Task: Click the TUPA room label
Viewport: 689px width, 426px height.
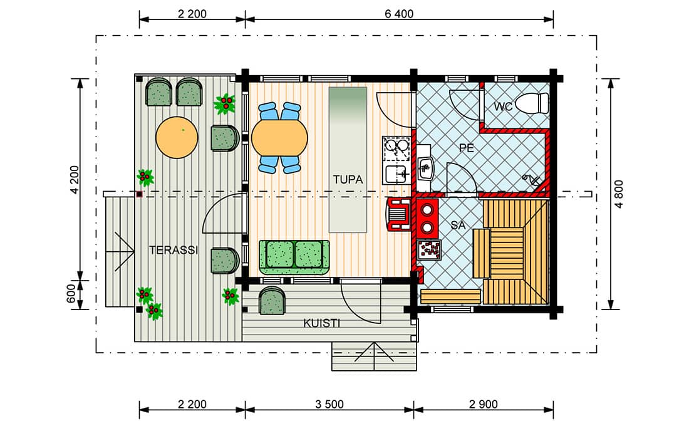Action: click(348, 179)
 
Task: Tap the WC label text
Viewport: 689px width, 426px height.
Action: click(503, 106)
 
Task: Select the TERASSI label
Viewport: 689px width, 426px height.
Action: click(174, 250)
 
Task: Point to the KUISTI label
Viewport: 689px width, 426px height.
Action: click(322, 323)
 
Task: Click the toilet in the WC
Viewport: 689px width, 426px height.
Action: click(532, 104)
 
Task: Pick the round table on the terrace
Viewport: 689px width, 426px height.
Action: click(177, 137)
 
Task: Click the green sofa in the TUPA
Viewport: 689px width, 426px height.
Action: click(294, 257)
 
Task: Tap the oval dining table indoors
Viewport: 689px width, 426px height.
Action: click(279, 138)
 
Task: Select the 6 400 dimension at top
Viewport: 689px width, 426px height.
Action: click(399, 14)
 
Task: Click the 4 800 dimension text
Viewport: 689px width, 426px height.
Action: click(619, 194)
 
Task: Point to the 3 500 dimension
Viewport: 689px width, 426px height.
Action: click(329, 404)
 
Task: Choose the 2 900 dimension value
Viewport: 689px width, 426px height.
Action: click(484, 404)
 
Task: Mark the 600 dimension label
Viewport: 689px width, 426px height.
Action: click(71, 294)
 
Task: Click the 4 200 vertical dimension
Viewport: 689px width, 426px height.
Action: click(75, 179)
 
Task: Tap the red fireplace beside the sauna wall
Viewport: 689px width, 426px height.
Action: click(400, 214)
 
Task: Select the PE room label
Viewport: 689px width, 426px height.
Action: click(467, 148)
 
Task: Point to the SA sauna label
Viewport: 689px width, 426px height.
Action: click(458, 225)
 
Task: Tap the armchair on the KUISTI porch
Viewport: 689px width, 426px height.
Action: click(272, 300)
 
